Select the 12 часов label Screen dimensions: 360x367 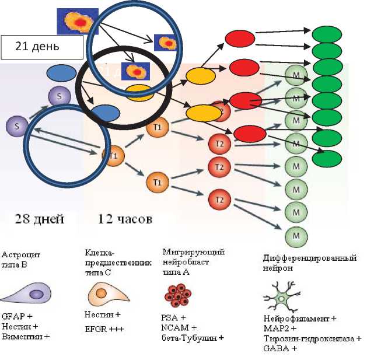click(124, 220)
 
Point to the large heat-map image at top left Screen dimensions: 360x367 click(77, 22)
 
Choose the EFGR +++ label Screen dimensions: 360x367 click(104, 329)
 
